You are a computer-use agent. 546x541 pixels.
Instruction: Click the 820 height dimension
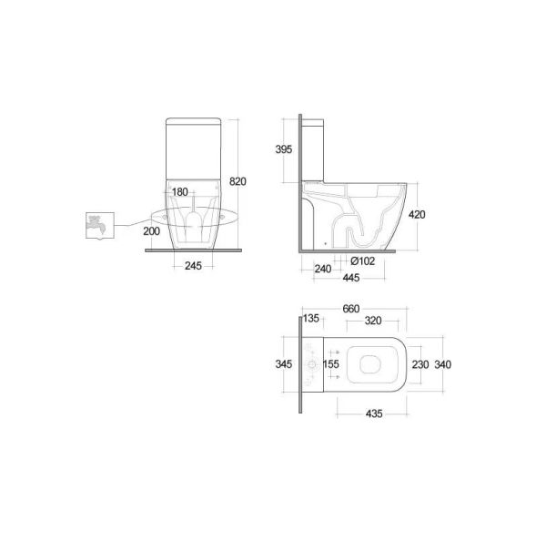[x=238, y=181]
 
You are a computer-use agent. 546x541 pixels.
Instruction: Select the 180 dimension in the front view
[x=180, y=192]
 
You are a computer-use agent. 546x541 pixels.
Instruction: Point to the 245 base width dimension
[x=192, y=266]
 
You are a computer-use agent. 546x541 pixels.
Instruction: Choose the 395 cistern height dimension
[x=283, y=149]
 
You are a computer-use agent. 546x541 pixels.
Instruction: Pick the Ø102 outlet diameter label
[x=362, y=260]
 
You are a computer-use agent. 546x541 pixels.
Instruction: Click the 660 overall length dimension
[x=351, y=308]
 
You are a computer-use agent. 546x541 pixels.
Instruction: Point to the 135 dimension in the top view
[x=311, y=320]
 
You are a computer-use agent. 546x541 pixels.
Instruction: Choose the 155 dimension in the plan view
[x=332, y=364]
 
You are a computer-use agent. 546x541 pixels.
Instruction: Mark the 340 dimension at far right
[x=443, y=364]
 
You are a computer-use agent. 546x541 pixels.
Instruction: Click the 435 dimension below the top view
[x=374, y=413]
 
